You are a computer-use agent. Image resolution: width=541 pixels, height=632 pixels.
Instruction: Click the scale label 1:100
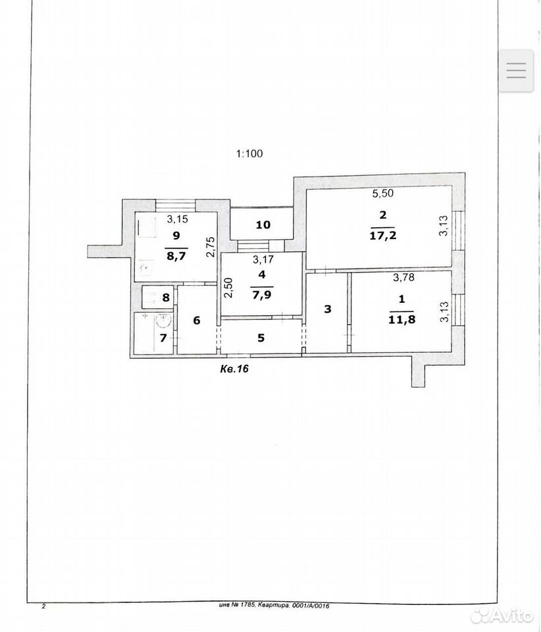tap(249, 153)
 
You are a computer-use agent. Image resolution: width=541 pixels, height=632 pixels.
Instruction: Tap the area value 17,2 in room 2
tap(382, 236)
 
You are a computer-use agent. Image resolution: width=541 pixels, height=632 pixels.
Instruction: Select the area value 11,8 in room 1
tap(401, 320)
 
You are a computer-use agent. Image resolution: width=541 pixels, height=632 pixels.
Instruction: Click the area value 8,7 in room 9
tap(176, 255)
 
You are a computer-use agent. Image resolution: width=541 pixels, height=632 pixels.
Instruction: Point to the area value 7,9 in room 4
tap(262, 295)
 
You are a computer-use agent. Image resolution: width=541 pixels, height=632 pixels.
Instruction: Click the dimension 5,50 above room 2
tap(382, 194)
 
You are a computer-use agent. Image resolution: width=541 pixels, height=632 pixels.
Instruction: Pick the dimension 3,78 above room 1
tap(403, 277)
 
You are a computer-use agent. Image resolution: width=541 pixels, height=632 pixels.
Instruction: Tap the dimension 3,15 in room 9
tap(178, 219)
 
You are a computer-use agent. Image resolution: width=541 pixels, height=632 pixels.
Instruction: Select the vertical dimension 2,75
tap(211, 247)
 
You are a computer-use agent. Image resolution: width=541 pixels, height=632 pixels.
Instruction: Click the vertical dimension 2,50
tap(228, 288)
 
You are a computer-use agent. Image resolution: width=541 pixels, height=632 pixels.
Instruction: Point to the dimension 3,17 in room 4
tap(263, 260)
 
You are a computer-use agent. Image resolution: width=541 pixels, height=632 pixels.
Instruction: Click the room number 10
tap(263, 225)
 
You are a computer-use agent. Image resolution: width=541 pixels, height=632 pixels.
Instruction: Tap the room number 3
tap(328, 309)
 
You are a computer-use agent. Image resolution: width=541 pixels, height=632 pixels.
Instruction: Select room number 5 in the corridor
tap(261, 337)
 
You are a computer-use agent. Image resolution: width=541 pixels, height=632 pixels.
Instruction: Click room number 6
tap(197, 321)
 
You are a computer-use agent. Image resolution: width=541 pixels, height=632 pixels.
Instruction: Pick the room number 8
tap(166, 298)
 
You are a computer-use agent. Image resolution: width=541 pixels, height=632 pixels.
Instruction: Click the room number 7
tap(163, 338)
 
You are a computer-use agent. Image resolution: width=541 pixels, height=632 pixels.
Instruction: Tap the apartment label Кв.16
tap(234, 369)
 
